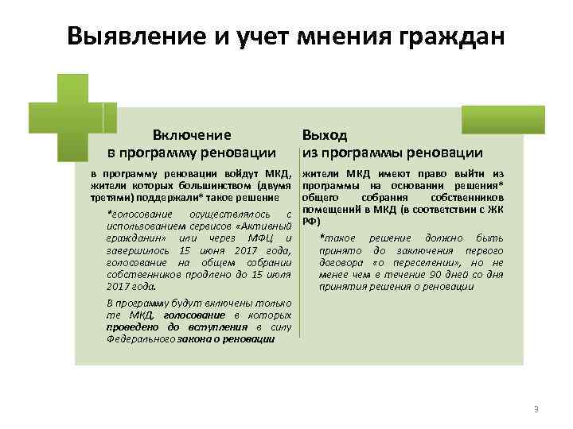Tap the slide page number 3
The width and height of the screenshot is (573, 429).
point(536,409)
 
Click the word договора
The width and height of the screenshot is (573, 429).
point(340,263)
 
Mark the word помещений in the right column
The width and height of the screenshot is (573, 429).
point(327,209)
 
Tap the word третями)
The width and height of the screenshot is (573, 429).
point(111,196)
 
